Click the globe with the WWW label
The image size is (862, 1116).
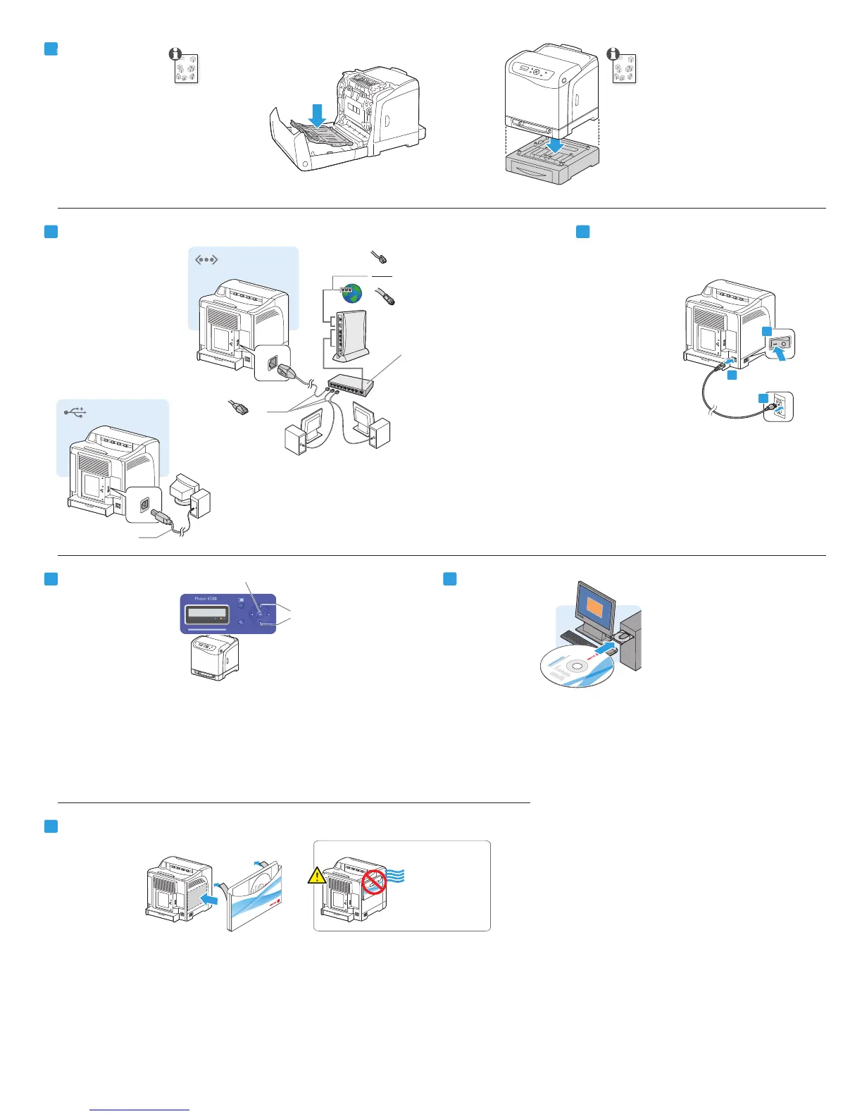coord(352,293)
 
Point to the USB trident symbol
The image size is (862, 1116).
coord(75,411)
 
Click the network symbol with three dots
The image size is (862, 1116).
coord(206,260)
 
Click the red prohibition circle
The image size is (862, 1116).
coord(374,881)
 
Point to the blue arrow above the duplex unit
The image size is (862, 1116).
coord(318,116)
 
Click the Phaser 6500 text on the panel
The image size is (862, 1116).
coord(206,599)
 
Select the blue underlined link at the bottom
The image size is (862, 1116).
coord(139,1110)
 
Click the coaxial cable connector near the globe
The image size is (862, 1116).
coord(385,295)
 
